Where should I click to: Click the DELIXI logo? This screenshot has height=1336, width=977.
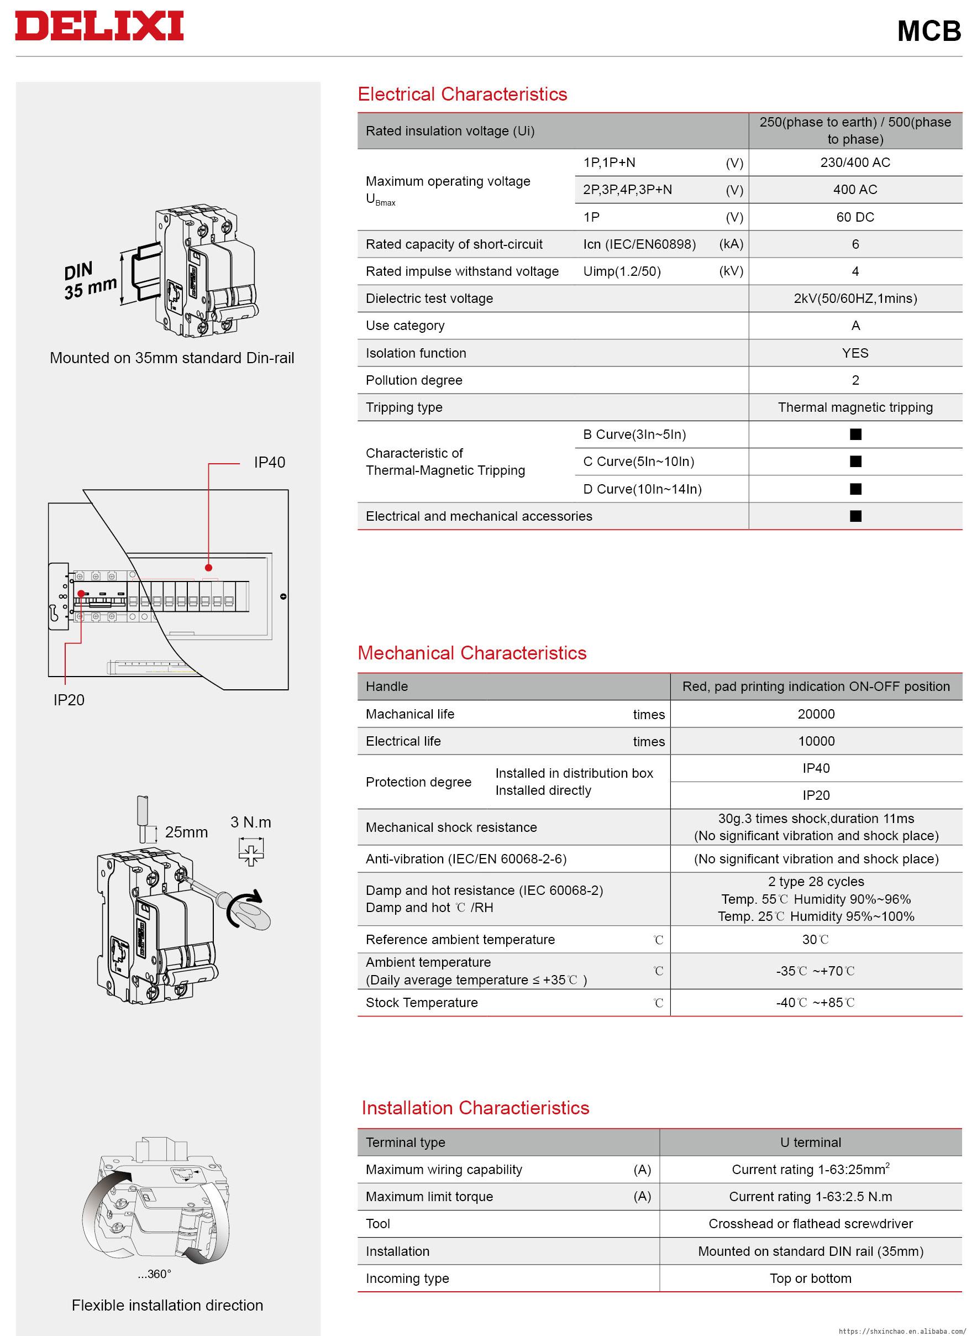99,27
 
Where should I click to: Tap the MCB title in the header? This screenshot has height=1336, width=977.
928,31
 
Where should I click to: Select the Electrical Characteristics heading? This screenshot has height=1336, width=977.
462,94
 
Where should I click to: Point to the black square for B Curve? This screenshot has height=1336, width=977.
855,434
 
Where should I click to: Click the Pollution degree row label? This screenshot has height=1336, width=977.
414,380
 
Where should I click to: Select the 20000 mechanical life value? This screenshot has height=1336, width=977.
816,714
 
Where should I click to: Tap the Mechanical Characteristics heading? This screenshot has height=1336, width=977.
472,653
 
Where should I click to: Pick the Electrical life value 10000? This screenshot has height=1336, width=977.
816,741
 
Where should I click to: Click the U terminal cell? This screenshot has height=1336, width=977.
810,1142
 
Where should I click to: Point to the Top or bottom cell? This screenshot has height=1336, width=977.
810,1278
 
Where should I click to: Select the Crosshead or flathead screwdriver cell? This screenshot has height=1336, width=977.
810,1224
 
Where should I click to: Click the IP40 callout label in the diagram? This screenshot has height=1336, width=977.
269,462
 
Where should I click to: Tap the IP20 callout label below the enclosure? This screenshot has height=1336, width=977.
69,700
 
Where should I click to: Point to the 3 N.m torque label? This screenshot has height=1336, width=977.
251,822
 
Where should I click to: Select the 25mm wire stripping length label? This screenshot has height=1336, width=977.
186,832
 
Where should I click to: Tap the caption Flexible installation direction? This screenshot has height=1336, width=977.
167,1305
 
